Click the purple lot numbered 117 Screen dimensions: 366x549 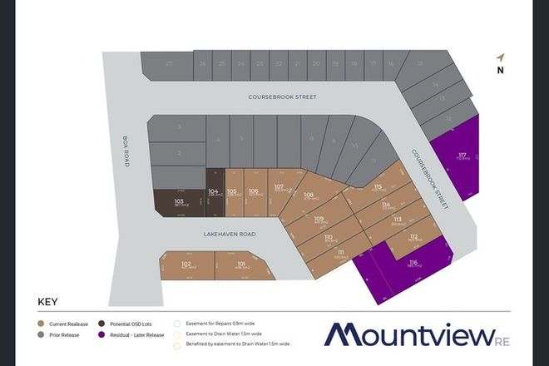[x=461, y=156]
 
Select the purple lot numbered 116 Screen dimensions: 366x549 [x=413, y=266]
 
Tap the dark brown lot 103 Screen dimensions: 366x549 [x=178, y=203]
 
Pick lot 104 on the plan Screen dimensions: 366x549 [x=214, y=195]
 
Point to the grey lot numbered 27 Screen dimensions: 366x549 [x=169, y=64]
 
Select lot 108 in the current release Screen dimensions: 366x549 [x=309, y=197]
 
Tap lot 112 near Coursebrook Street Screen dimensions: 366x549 [x=413, y=238]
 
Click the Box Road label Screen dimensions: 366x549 [x=126, y=152]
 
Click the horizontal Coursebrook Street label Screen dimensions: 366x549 [x=282, y=97]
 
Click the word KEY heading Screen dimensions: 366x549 [x=47, y=303]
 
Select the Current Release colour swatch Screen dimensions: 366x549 [x=41, y=323]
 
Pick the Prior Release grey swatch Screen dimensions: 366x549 [x=41, y=336]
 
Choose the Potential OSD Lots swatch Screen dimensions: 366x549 [x=101, y=323]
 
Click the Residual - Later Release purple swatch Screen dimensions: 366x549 [x=101, y=336]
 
